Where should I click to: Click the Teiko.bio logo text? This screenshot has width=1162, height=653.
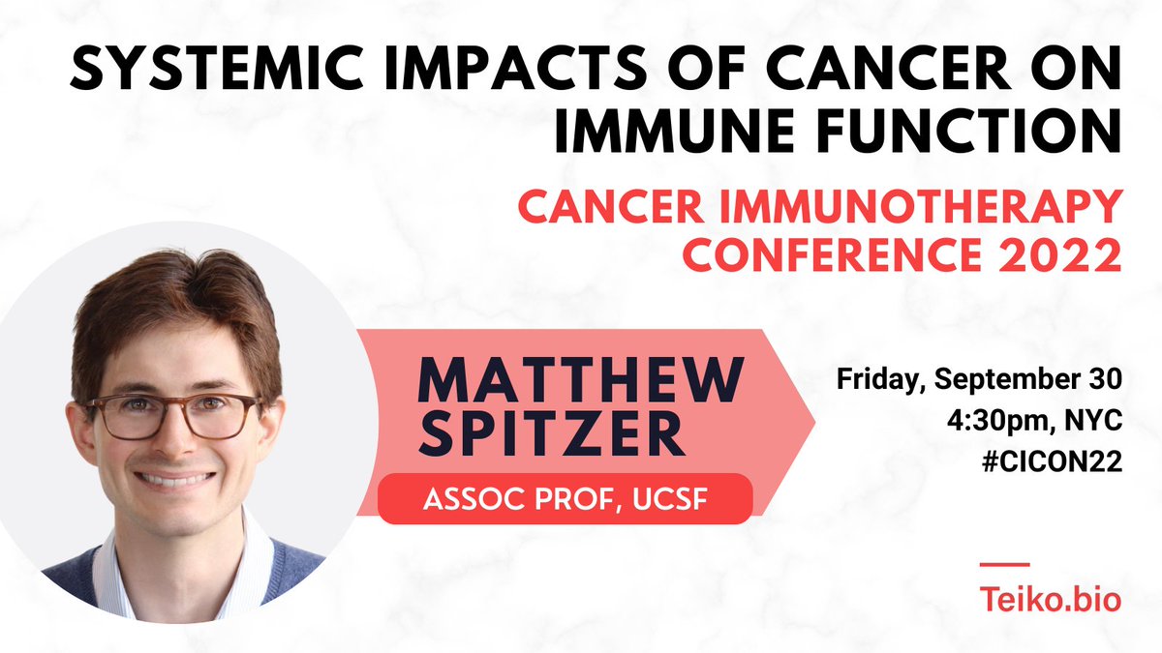point(1051,600)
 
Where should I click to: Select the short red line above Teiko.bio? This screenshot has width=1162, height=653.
point(1004,564)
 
